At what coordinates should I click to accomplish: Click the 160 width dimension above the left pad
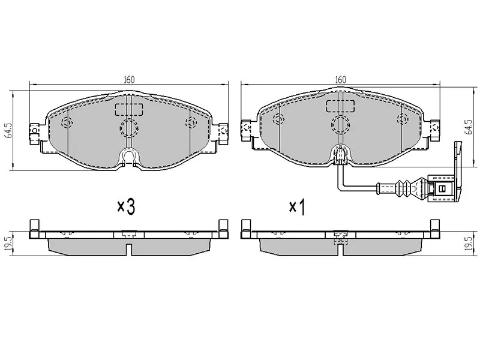[x=129, y=80]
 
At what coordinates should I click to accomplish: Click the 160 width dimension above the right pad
[x=340, y=80]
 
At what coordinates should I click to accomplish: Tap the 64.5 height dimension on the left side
[x=8, y=131]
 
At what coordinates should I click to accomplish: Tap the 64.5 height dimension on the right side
[x=468, y=127]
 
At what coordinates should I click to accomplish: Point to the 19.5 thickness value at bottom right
[x=469, y=244]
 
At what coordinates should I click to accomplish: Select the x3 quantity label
[x=126, y=206]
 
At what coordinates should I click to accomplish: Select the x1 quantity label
[x=297, y=208]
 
